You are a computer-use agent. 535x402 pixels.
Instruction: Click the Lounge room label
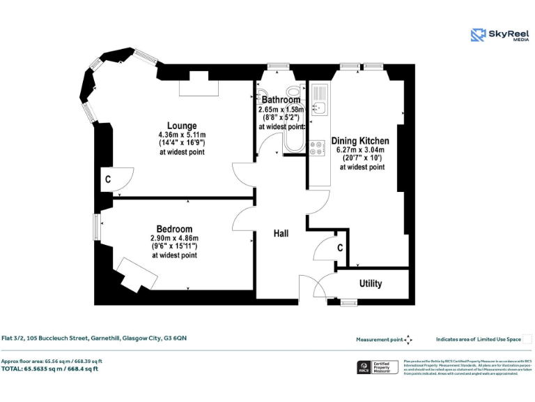pos(182,126)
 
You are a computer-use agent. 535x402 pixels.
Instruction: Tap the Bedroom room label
pos(174,229)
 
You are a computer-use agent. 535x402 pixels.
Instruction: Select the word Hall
pos(281,234)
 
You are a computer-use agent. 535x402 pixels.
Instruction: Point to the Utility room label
pos(370,283)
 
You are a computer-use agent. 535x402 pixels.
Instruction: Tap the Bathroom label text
pos(281,100)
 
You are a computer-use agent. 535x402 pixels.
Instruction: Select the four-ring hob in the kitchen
pos(318,147)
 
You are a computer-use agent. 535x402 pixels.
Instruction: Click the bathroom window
pos(278,66)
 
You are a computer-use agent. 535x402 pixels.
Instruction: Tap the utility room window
pos(349,302)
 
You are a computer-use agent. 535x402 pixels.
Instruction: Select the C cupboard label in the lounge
pos(107,179)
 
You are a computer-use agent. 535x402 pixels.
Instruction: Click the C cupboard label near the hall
pos(340,247)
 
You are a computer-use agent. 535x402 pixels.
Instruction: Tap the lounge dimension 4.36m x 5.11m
pos(182,135)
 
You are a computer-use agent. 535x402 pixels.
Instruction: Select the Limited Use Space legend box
pos(527,339)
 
